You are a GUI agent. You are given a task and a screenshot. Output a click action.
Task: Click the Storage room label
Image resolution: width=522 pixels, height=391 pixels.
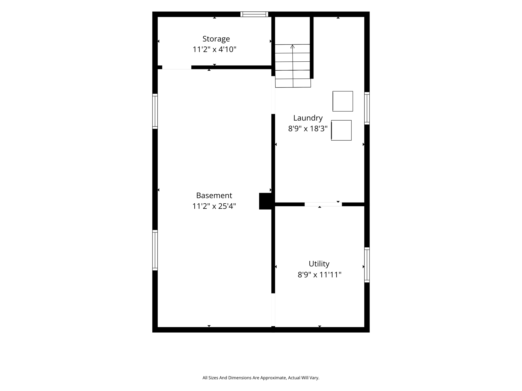point(216,39)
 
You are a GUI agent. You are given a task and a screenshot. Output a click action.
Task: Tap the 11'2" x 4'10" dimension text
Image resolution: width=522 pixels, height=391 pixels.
point(215,49)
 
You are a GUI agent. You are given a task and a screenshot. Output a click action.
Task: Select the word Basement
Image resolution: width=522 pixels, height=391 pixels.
point(214,195)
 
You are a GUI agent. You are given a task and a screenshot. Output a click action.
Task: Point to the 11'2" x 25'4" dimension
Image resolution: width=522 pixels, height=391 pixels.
point(214,206)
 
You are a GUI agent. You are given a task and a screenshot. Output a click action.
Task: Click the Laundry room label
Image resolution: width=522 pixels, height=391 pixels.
point(308,118)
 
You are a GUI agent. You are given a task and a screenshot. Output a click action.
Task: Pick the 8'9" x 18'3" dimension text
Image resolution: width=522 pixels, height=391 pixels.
point(308,128)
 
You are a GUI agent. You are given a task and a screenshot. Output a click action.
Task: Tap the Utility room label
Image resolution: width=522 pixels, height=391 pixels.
point(319,264)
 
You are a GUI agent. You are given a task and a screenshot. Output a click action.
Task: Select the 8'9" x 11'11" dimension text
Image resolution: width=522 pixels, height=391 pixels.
point(319,275)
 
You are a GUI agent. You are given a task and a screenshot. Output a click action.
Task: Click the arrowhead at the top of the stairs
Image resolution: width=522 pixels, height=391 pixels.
point(293,46)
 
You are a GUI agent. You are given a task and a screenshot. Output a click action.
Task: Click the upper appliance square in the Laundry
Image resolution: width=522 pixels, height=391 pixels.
point(343,101)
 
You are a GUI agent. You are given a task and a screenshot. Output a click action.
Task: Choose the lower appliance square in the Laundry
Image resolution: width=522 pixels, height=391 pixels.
point(341,130)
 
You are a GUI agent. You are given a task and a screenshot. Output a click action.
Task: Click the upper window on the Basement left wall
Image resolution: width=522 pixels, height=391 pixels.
point(155,111)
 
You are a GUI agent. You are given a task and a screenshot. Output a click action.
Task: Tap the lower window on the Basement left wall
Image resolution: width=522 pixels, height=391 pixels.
point(155,250)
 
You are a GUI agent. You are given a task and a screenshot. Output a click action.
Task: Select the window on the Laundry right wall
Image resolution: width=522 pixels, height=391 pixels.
point(367,108)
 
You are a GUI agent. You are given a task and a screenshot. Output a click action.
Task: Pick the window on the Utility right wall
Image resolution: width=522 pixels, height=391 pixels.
point(367,265)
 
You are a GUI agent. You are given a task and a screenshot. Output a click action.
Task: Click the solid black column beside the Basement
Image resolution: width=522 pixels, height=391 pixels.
point(265,201)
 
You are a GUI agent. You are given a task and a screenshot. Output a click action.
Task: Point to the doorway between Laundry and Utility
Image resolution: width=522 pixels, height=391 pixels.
point(323,204)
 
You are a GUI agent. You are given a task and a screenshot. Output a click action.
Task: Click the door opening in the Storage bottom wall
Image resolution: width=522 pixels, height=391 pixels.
point(177,67)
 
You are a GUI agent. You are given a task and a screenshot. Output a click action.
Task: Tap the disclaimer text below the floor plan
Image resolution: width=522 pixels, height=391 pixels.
point(261,378)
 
